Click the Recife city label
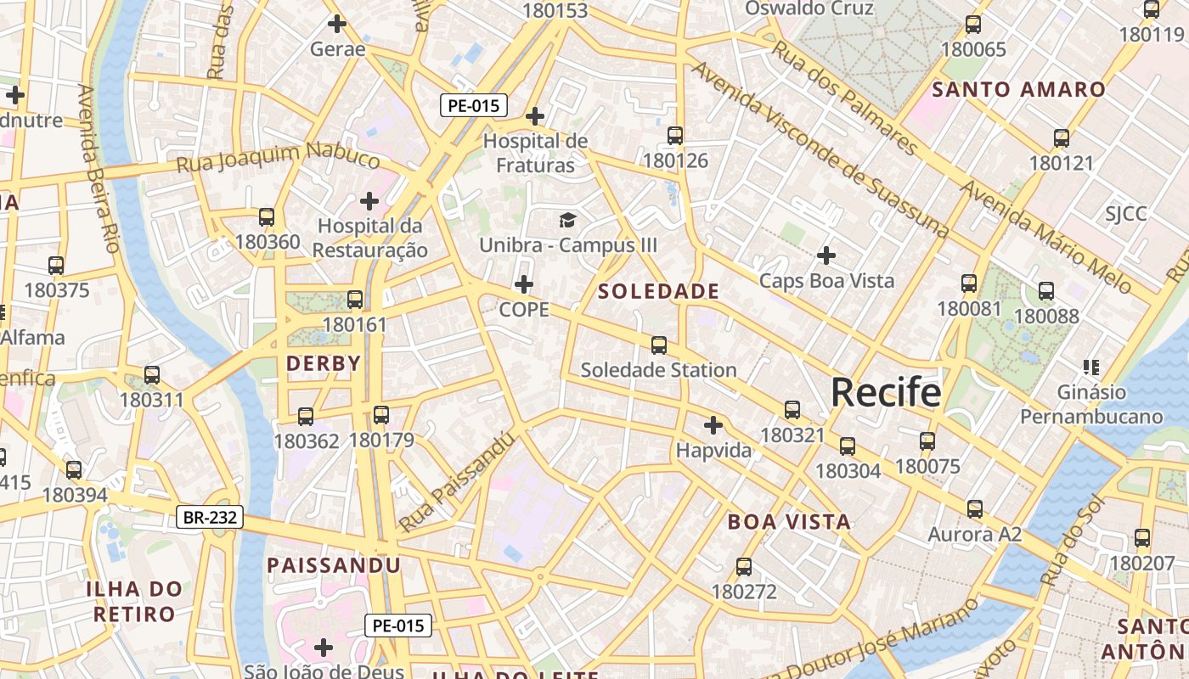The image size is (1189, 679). tap(886, 392)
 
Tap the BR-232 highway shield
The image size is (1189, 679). tap(210, 517)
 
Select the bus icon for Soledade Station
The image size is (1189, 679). tap(659, 345)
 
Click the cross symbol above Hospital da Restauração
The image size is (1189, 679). tap(369, 201)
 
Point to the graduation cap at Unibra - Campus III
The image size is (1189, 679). tap(567, 221)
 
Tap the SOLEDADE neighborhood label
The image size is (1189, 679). tap(658, 291)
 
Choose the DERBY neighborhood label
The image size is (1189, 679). tap(324, 363)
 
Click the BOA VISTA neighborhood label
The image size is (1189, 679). tap(789, 522)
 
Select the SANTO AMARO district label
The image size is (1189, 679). tap(1019, 89)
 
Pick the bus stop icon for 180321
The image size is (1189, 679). tap(792, 410)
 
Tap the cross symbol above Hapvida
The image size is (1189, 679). tap(713, 424)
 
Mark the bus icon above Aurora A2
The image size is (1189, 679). tap(975, 509)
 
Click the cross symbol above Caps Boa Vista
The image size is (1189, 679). tap(826, 255)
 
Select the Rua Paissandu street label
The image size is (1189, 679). tap(458, 482)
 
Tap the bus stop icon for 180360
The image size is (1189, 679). tap(267, 217)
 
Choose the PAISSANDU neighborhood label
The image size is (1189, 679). tap(334, 565)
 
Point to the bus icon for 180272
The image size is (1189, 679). tap(744, 567)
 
